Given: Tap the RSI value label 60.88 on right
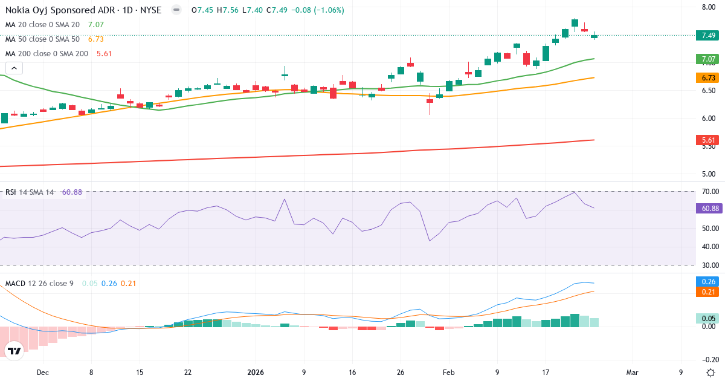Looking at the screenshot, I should [x=711, y=208].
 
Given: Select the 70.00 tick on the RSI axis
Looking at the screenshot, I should [x=711, y=192].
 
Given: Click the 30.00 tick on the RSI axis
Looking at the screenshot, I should [x=711, y=265].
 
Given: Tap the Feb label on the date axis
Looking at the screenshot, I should [x=448, y=373].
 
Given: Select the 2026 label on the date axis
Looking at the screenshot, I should [x=254, y=373].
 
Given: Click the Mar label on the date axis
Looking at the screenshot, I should [x=632, y=373].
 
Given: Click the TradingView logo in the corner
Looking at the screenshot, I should [x=14, y=350].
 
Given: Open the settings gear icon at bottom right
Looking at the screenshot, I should [x=711, y=373].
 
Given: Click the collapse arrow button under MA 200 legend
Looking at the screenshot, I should [x=14, y=68].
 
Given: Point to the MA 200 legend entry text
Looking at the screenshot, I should [x=47, y=54].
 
